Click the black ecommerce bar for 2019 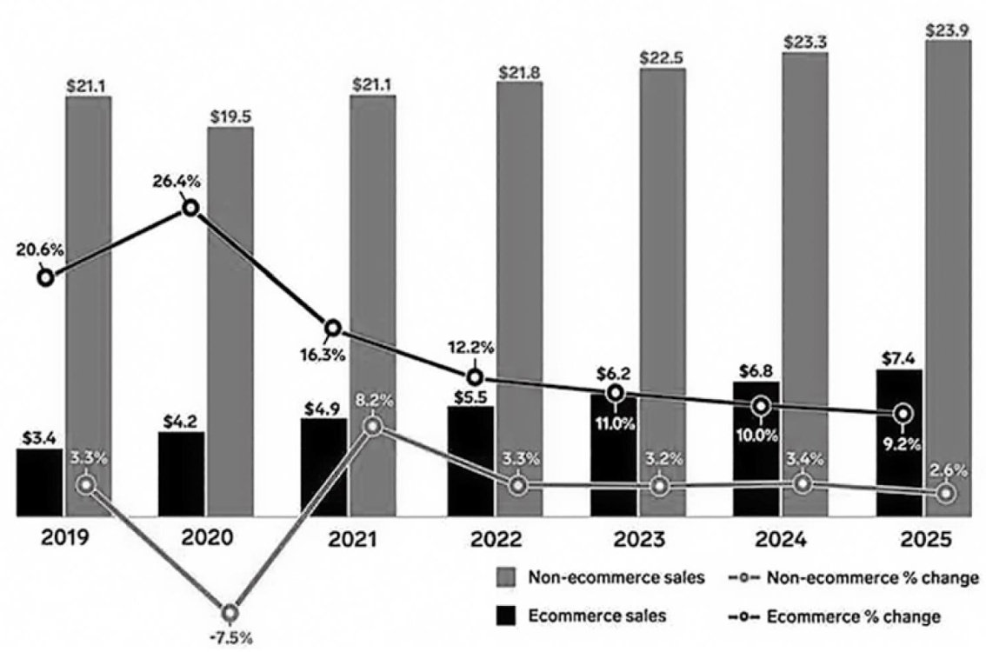coord(39,482)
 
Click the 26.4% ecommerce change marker coord(190,208)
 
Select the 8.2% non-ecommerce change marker coord(372,426)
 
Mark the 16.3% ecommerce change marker coord(333,328)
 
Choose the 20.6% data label coord(39,250)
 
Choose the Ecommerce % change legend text coord(854,616)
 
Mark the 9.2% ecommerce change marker coord(904,413)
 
